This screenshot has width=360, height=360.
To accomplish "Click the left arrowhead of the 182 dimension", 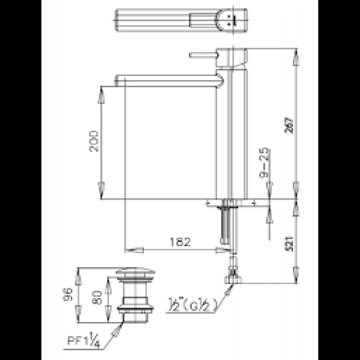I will (134, 250).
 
